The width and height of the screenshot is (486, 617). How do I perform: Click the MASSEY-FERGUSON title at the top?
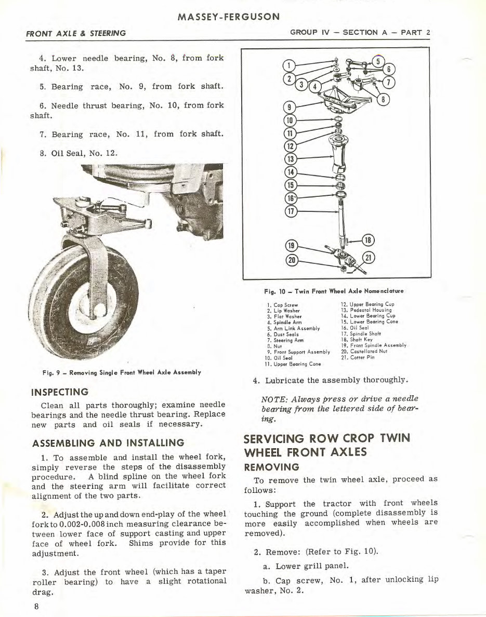click(229, 16)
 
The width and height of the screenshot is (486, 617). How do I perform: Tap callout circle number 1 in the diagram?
click(287, 66)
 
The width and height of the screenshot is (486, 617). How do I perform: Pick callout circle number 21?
click(369, 258)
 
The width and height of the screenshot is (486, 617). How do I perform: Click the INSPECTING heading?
click(60, 392)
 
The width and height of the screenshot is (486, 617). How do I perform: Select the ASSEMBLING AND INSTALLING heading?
click(108, 443)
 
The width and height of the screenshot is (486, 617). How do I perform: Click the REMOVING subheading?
click(272, 467)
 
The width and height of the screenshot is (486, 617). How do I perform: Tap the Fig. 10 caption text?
click(334, 291)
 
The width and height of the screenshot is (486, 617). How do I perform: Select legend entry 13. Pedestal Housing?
click(366, 310)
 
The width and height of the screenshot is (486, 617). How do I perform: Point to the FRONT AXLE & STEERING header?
click(76, 33)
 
